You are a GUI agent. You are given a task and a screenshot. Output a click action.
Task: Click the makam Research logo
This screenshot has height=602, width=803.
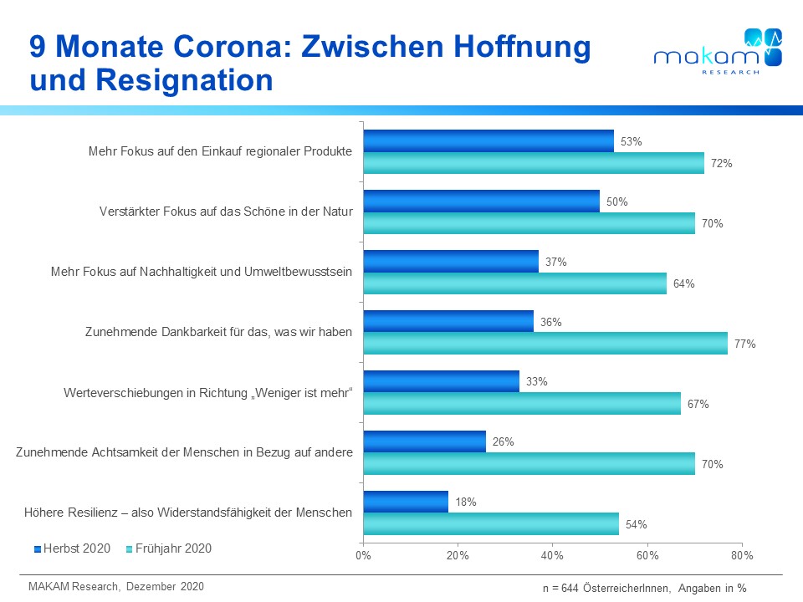(718, 52)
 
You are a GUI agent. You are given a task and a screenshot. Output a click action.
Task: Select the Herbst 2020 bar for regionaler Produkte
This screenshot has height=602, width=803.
(488, 141)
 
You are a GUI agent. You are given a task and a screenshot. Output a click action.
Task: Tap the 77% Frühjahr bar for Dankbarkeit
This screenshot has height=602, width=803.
(545, 343)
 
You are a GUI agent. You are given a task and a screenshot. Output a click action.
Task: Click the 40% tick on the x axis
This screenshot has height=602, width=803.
(552, 555)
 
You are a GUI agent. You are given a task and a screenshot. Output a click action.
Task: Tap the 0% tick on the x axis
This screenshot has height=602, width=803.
(363, 555)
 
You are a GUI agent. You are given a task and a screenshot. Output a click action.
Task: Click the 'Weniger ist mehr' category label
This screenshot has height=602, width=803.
(208, 392)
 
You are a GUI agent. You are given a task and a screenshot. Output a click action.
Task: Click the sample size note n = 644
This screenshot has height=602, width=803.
(644, 589)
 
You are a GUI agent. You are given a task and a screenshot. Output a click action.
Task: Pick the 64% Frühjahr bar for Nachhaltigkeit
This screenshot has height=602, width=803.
(515, 283)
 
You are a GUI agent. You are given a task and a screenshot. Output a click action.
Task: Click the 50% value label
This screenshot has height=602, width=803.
(617, 202)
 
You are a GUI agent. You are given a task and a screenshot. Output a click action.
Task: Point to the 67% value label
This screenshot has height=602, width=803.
(698, 404)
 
